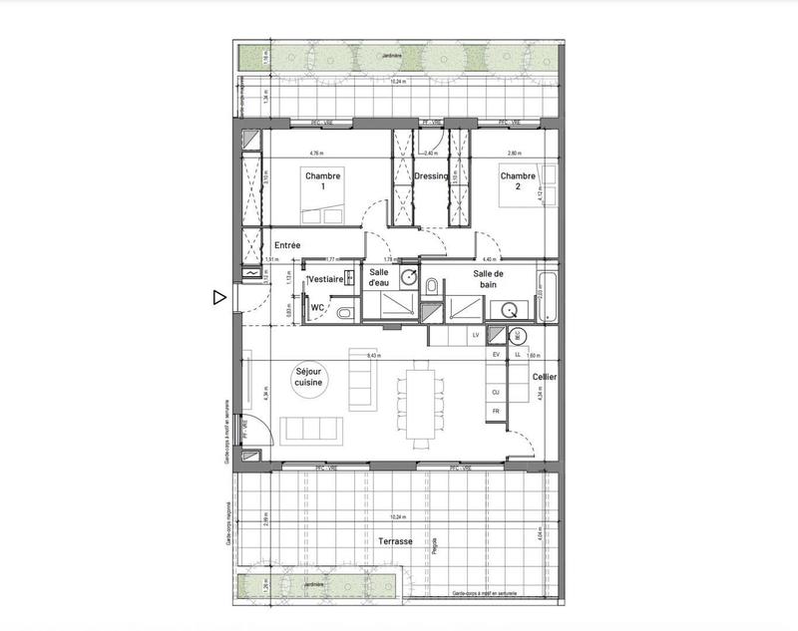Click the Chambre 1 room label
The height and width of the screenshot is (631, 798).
click(323, 180)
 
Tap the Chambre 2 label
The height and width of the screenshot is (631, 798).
click(518, 180)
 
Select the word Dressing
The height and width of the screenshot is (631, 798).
click(431, 176)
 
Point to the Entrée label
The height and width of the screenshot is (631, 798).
click(286, 245)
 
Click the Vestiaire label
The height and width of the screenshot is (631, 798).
click(326, 280)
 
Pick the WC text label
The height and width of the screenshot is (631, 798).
click(316, 308)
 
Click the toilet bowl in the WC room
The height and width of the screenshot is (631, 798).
click(343, 313)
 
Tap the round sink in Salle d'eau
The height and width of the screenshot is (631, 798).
click(409, 276)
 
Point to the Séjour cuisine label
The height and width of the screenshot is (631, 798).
click(308, 376)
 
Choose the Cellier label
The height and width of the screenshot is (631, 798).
click(545, 377)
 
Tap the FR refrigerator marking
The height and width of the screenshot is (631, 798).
click(495, 411)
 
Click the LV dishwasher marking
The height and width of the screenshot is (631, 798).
click(476, 335)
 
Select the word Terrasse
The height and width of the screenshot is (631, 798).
click(397, 541)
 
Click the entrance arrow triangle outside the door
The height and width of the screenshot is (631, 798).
click(218, 296)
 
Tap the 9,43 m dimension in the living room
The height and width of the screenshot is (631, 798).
click(372, 355)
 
